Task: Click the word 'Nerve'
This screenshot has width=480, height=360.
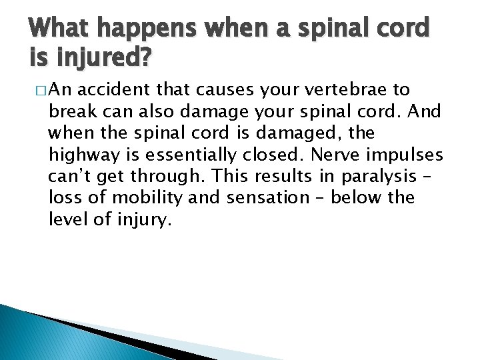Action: click(331, 155)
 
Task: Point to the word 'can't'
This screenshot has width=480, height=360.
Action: click(69, 176)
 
